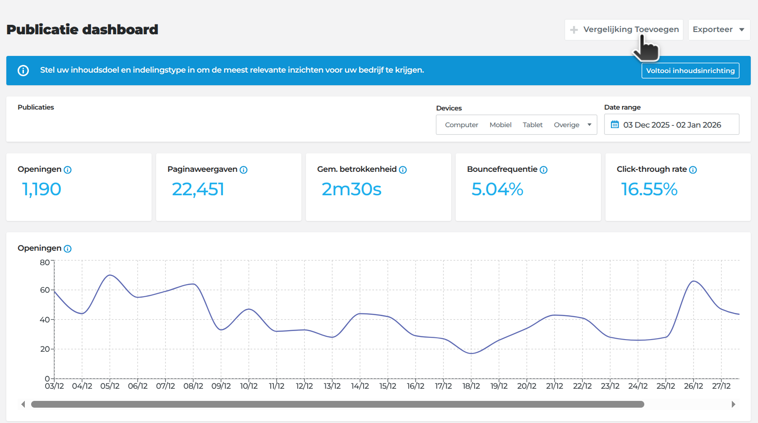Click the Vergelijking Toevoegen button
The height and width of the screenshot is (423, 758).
tap(624, 30)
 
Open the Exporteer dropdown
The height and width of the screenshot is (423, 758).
tap(719, 30)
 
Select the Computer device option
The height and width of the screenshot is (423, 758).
tap(461, 125)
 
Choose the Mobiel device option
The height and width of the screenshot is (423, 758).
tap(500, 125)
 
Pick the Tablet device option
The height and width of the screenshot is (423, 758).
tap(532, 125)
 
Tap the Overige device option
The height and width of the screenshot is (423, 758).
tap(567, 125)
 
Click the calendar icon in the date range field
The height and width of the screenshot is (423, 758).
tap(615, 124)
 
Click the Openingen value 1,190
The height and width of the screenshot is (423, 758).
tap(42, 189)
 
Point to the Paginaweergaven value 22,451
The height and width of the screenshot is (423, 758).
tap(198, 189)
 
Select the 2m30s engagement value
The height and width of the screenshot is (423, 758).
tap(351, 189)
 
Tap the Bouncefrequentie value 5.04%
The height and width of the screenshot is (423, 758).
tap(497, 189)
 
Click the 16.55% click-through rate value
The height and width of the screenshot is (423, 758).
tap(649, 189)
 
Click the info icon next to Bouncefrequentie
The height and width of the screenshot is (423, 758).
tap(543, 170)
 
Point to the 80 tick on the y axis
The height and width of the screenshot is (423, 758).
tap(45, 262)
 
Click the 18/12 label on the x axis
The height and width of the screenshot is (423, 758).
tap(471, 386)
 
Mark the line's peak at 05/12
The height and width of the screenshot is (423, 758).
tap(110, 275)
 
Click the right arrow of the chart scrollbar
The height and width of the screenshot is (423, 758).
tap(733, 404)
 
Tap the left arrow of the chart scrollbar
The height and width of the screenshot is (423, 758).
tap(23, 404)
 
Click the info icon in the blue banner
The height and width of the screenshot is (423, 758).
tap(23, 71)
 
